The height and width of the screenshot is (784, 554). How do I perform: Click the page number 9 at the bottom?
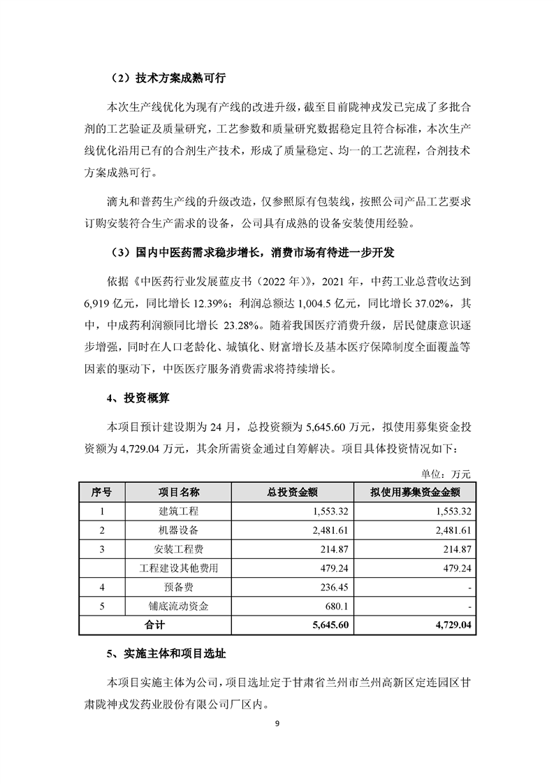[x=277, y=742]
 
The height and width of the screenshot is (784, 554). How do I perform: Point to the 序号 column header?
[x=102, y=492]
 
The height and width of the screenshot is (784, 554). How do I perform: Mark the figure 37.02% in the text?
[x=429, y=304]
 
